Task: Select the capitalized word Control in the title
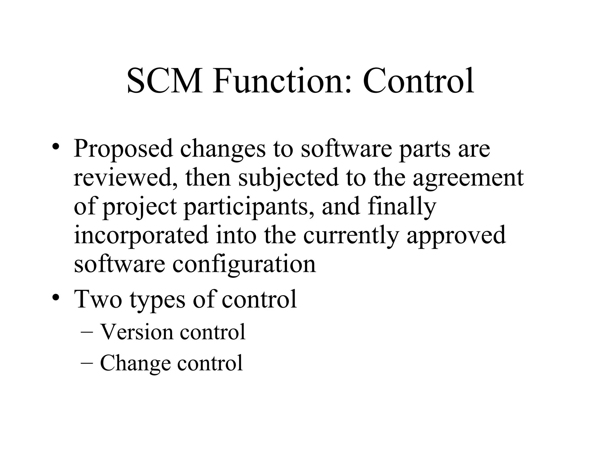click(418, 81)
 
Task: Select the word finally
click(402, 207)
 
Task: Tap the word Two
click(98, 299)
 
